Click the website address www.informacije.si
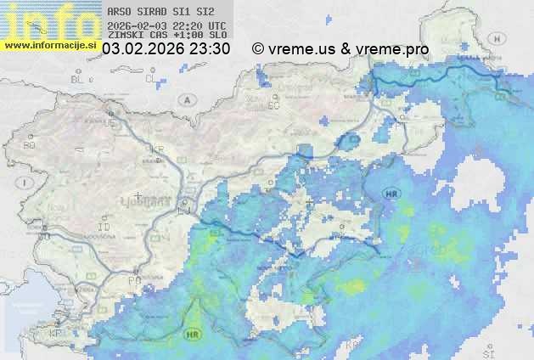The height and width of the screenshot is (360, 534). pyautogui.click(x=49, y=45)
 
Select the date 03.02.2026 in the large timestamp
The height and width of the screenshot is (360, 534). pyautogui.click(x=141, y=49)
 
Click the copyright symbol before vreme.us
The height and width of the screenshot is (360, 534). pyautogui.click(x=258, y=49)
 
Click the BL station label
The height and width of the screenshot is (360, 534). pyautogui.click(x=78, y=79)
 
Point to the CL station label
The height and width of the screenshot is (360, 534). pyautogui.click(x=150, y=79)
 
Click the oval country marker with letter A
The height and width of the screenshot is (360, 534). pyautogui.click(x=186, y=99)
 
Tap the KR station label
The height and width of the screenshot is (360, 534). pyautogui.click(x=157, y=149)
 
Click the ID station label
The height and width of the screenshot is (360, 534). pyautogui.click(x=104, y=228)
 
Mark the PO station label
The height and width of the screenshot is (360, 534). pyautogui.click(x=132, y=279)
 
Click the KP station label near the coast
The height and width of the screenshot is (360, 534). pyautogui.click(x=56, y=334)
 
